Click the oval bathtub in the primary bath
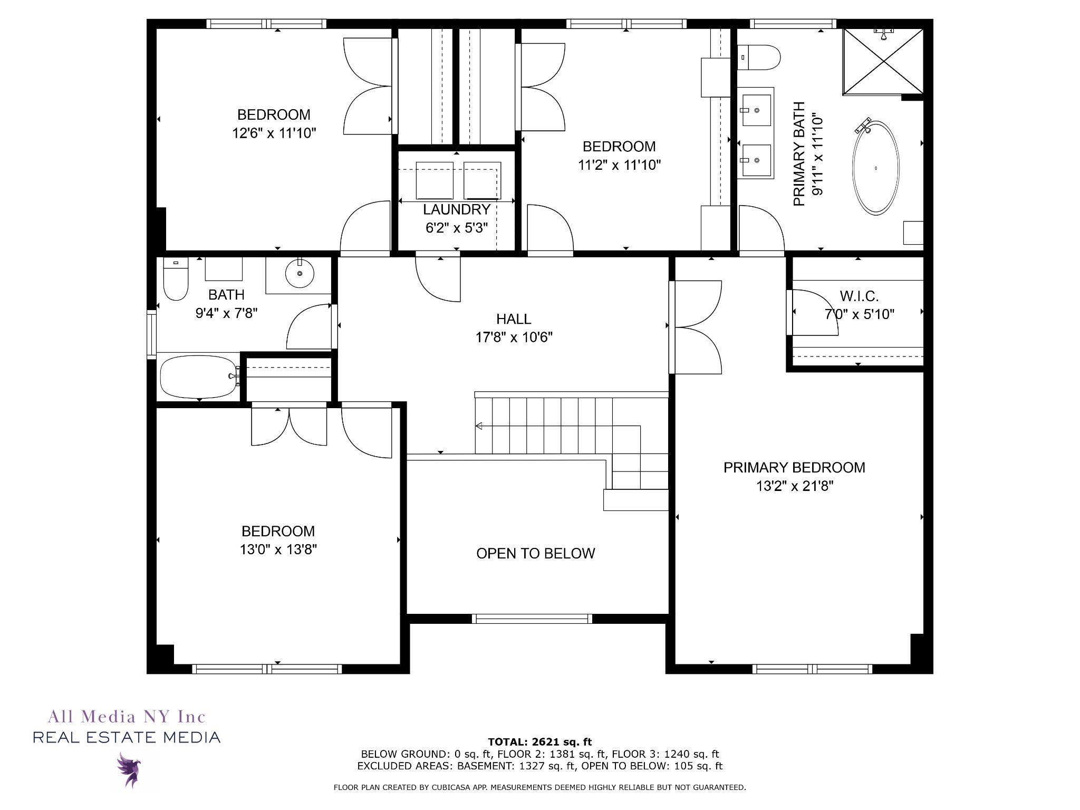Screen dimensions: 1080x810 [875, 168]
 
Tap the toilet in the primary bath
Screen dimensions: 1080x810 [758, 57]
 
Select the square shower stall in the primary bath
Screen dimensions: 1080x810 [883, 62]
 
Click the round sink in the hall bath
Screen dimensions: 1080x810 [300, 273]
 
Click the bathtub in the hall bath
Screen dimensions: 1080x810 [199, 377]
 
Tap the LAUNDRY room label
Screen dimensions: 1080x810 [457, 209]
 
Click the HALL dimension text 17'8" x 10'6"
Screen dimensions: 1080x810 [514, 337]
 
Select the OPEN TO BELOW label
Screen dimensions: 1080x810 [535, 553]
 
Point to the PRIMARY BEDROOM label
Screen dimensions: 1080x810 [794, 467]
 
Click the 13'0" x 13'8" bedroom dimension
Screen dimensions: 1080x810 [278, 549]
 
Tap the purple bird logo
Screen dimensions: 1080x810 [129, 769]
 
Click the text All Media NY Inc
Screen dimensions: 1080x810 [127, 717]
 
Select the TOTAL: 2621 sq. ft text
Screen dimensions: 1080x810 [539, 742]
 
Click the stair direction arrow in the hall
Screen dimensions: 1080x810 [558, 426]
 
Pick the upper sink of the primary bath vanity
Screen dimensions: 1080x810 [757, 110]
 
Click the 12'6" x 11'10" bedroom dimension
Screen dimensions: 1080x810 [274, 133]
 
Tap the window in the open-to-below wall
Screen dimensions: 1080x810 [532, 619]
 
